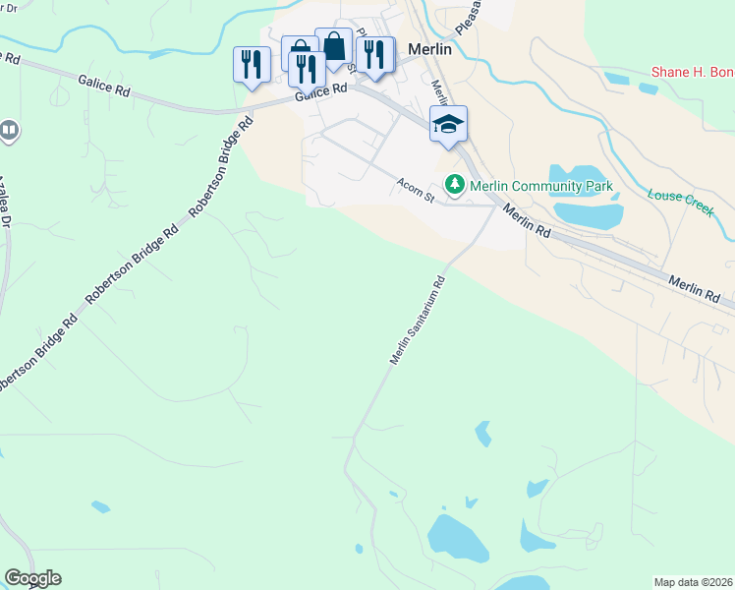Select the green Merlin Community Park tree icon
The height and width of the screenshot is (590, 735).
pos(455,184)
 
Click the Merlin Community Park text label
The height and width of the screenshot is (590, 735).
pos(540,186)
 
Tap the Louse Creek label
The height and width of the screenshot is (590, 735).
pos(680,203)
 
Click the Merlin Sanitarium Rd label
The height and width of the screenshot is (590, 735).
pos(418,321)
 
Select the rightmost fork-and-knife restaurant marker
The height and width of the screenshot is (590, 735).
pos(374,55)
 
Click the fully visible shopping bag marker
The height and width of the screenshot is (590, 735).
pos(334,46)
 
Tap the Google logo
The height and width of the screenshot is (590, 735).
pos(32,578)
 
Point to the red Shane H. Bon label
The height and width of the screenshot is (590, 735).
pos(694,73)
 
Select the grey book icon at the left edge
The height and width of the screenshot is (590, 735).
pos(8,129)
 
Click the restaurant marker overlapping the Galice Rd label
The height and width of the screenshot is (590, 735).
pos(308,71)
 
